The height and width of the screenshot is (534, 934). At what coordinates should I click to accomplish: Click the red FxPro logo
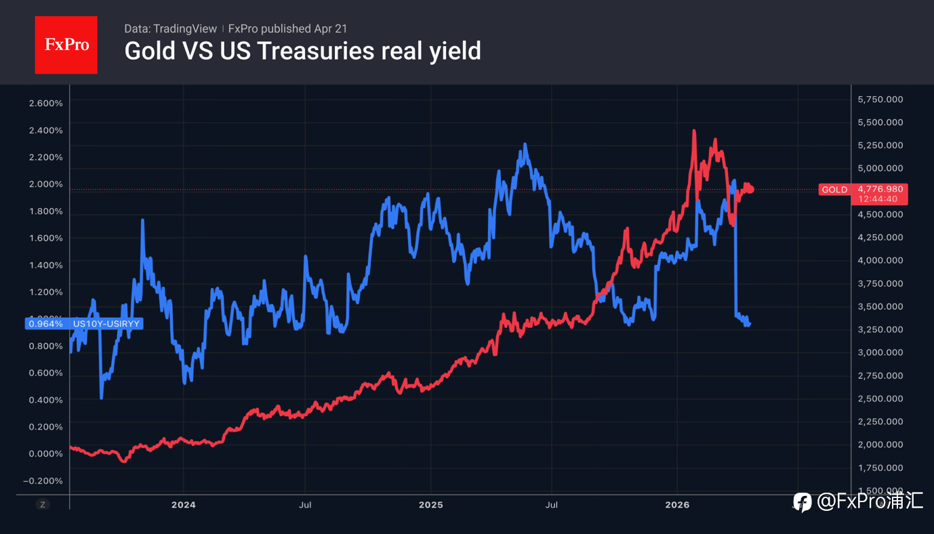point(66,45)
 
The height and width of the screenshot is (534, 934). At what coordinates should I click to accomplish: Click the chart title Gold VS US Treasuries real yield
point(302,51)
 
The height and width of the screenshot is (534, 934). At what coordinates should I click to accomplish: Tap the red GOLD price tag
point(834,190)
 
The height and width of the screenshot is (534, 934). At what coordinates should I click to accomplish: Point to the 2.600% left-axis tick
point(46,103)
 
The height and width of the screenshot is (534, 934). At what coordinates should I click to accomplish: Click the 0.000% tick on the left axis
point(46,453)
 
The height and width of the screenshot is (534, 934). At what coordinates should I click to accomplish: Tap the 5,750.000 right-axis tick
point(880,100)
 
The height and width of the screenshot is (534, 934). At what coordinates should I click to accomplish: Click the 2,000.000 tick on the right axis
point(880,445)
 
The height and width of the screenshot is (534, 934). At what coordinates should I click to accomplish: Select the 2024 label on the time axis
point(183,505)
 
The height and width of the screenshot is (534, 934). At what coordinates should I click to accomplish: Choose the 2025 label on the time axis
point(430,505)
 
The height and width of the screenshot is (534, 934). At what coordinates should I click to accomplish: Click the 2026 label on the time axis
point(677,505)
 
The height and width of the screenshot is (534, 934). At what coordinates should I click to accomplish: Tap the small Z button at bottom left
point(43,504)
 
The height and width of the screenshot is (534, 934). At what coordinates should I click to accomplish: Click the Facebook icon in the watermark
point(803,502)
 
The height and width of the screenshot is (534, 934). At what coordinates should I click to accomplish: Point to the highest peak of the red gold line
point(694,130)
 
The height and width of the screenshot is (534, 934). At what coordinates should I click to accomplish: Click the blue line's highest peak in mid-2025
point(525,144)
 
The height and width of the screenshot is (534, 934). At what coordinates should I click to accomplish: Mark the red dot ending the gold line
point(750,189)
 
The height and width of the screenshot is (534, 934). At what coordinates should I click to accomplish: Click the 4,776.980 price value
point(880,188)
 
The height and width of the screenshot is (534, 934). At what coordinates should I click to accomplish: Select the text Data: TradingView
point(170,29)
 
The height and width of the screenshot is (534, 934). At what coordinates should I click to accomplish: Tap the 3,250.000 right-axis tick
point(880,329)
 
